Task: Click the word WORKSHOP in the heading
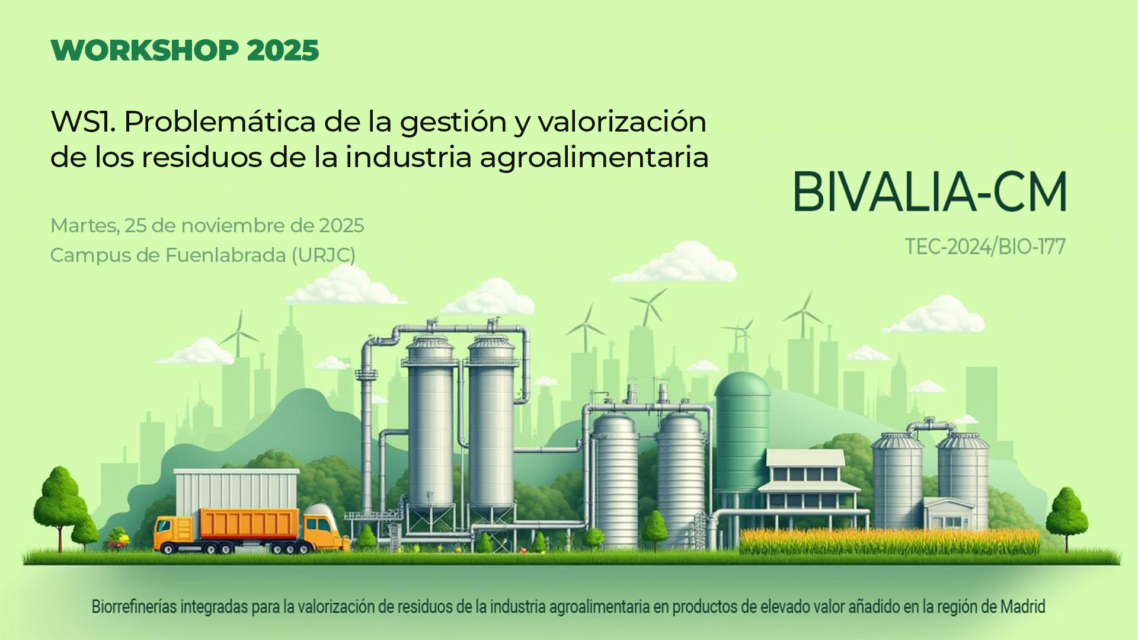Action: (145, 50)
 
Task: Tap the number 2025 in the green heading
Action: (283, 50)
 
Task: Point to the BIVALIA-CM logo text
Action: (930, 191)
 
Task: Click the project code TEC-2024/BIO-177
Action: (985, 247)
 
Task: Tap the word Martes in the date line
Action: (85, 226)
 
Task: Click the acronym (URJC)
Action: (324, 255)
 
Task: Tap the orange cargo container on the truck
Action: (248, 524)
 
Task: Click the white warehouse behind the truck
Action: (236, 491)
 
